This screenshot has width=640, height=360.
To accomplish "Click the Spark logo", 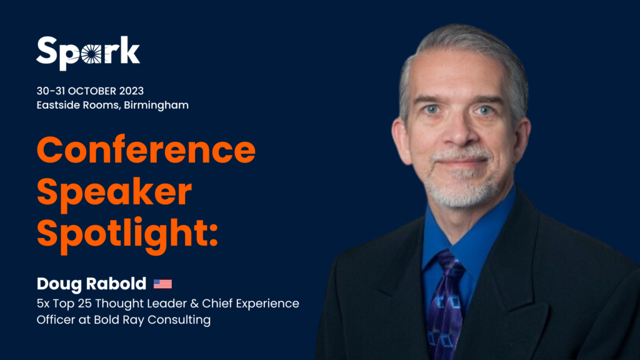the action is coord(88,52).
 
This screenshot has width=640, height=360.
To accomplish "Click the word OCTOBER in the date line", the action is coord(92,91).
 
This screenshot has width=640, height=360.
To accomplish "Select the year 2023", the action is coord(131,91).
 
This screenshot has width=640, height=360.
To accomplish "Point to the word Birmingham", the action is coord(156,105).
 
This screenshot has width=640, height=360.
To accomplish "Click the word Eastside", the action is coord(58,105).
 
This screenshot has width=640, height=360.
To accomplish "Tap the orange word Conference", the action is coord(146,150).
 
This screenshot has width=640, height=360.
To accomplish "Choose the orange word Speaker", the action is coord(114,191).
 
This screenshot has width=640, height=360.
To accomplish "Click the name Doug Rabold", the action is coord(91,284).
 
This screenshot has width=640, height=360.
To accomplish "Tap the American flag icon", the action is coord(162,284).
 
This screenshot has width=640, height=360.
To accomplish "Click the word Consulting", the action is coord(179,320).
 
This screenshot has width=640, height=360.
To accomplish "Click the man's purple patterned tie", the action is coord(446,305).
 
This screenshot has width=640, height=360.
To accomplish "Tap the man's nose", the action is coord(459,131).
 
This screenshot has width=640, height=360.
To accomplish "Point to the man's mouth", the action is coord(461,162).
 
